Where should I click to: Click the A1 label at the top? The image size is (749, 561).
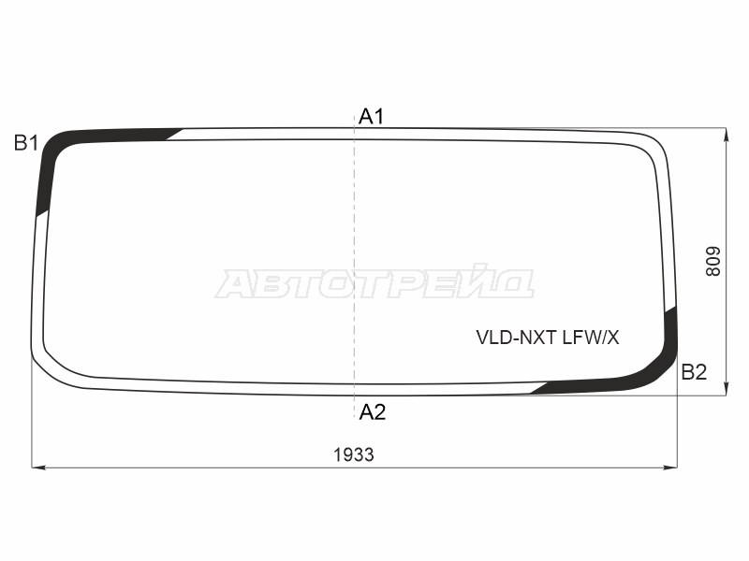tap(371, 116)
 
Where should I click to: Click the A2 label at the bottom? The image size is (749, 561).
tap(372, 411)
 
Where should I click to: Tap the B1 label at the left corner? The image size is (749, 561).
tap(26, 143)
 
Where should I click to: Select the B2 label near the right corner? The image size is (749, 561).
tap(694, 371)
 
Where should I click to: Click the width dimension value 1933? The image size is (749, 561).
tap(354, 454)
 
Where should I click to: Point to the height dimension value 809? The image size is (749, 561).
tap(712, 262)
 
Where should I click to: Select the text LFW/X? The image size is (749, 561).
tap(591, 338)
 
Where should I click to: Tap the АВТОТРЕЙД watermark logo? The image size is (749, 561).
tap(374, 282)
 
